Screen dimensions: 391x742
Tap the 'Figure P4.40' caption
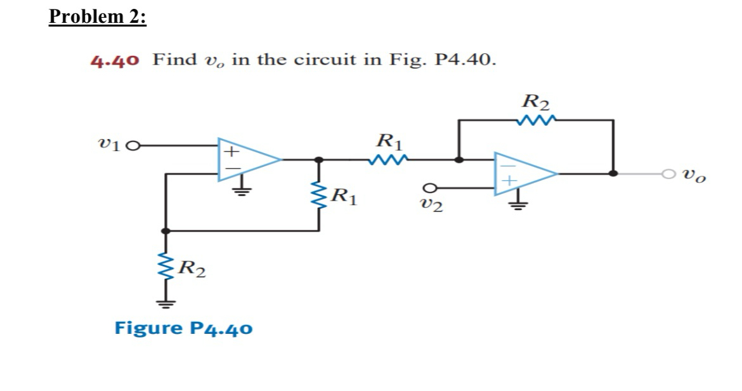183,328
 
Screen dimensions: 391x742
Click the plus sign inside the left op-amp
233,152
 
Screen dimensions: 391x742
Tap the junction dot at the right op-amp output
613,173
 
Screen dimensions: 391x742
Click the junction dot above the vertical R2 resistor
166,231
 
